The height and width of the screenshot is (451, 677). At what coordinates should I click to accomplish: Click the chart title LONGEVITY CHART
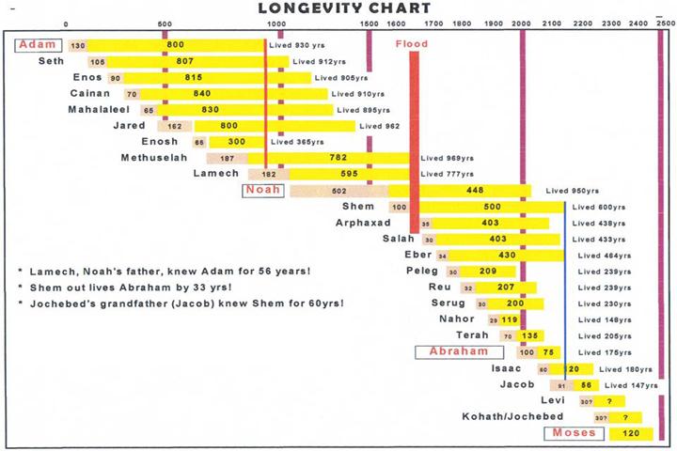344,8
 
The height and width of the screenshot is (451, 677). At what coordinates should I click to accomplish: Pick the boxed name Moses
571,433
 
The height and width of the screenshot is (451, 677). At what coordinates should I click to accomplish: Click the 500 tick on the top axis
165,23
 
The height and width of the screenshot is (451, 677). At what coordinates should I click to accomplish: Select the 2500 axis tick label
665,23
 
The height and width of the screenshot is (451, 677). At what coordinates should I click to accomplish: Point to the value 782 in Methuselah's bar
338,158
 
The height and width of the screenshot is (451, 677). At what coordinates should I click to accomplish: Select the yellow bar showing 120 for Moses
631,433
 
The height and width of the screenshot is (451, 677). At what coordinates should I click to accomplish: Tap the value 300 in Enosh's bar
235,142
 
